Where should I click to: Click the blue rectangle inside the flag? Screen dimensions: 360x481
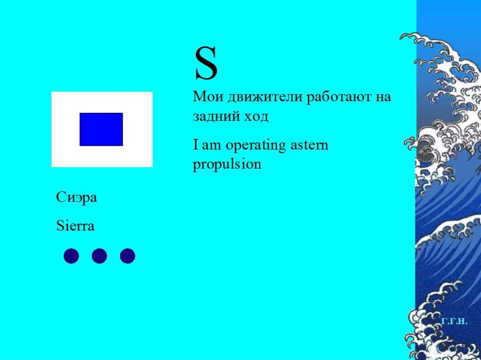tap(101, 129)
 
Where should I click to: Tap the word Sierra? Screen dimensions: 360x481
tap(75, 226)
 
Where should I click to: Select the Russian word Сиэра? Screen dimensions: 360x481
tap(77, 198)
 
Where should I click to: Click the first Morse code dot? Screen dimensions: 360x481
tap(71, 256)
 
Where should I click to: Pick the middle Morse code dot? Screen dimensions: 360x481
tap(99, 256)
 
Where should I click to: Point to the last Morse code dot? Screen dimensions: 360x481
tap(127, 256)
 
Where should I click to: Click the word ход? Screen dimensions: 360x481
tap(256, 116)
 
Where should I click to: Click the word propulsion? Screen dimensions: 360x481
tap(227, 165)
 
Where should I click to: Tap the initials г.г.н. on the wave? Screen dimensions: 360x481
tap(454, 322)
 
